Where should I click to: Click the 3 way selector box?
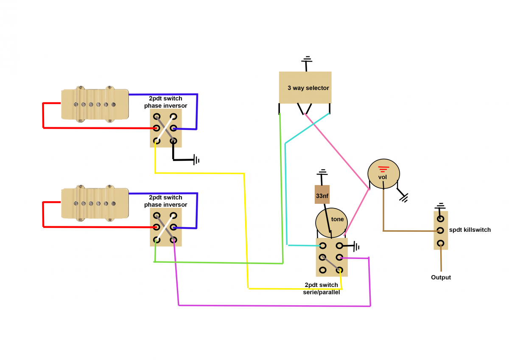(x=305, y=87)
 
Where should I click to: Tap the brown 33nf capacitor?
(x=322, y=196)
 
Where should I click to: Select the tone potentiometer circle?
(x=331, y=222)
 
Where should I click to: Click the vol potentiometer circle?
(x=383, y=174)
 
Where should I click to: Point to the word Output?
(x=441, y=277)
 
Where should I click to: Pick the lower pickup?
(x=95, y=203)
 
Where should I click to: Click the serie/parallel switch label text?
(x=322, y=288)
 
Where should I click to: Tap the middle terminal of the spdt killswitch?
(x=441, y=231)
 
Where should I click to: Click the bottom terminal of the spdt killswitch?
(x=441, y=243)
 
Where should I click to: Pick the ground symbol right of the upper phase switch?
(x=196, y=160)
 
